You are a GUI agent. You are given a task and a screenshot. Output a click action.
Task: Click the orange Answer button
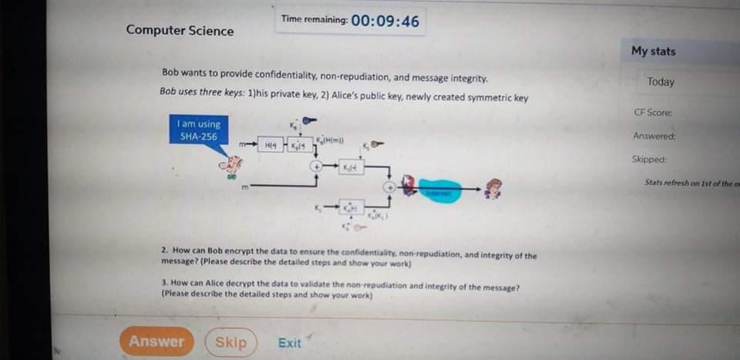coord(156,341)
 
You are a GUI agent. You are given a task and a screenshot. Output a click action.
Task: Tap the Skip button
coord(230,341)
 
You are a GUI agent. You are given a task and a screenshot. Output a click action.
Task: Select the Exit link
coord(290,343)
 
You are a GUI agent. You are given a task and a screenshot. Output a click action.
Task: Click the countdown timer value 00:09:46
coord(385,21)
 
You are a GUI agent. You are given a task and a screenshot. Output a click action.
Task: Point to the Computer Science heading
coord(180,31)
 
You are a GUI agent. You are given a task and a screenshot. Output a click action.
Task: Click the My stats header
coord(653,51)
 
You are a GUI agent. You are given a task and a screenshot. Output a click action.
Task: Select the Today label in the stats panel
coord(661,82)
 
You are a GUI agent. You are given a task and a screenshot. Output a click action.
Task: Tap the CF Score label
coord(653,113)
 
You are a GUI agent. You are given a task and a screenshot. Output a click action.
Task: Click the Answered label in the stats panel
coord(654,136)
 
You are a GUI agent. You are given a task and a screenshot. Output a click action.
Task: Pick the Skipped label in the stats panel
coord(649,160)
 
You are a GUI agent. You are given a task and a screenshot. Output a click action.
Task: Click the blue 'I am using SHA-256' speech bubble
coord(198,130)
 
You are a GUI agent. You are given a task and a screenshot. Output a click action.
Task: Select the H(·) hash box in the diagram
coord(271,145)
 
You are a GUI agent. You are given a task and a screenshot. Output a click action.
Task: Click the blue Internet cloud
coord(440,190)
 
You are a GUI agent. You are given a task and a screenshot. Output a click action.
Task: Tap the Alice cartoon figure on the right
coord(492,189)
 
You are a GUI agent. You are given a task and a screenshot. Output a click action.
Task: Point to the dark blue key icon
coord(309,120)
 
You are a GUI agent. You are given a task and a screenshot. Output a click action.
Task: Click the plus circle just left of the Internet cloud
coord(392,187)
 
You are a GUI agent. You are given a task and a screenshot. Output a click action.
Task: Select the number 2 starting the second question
coord(164,251)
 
